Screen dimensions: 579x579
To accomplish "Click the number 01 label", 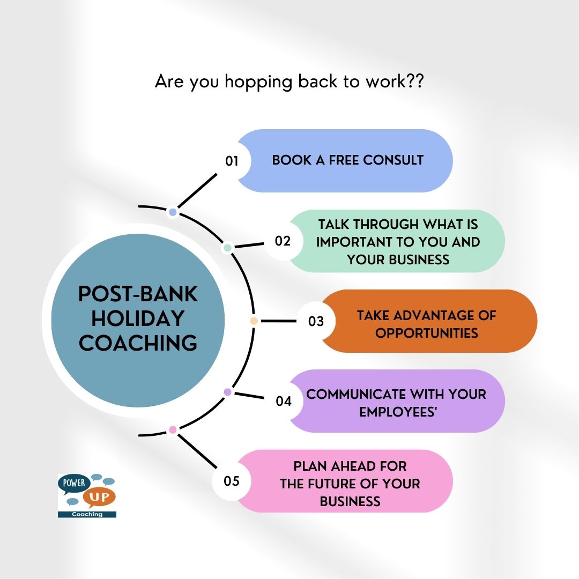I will click(x=232, y=161).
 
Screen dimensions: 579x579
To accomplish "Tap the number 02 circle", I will click(x=283, y=241).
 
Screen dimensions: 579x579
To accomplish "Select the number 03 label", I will click(x=316, y=321).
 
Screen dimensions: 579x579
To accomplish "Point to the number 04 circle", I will click(x=283, y=401).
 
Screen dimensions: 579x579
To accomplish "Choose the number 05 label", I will click(x=232, y=481).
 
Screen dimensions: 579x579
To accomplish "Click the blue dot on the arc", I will click(x=173, y=212).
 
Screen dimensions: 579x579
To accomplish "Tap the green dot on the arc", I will click(x=227, y=248).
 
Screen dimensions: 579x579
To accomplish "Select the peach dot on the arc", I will click(x=254, y=321).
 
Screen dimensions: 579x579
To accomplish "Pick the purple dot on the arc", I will click(x=227, y=392).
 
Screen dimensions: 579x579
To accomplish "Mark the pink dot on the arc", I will click(x=173, y=429).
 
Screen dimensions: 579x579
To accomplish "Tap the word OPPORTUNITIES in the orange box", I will click(x=426, y=333).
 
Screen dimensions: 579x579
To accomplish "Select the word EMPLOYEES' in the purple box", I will click(x=396, y=412).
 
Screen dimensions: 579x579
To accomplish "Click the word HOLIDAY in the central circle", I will click(x=138, y=318).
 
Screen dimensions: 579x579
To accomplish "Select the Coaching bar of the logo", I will click(x=87, y=514).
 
